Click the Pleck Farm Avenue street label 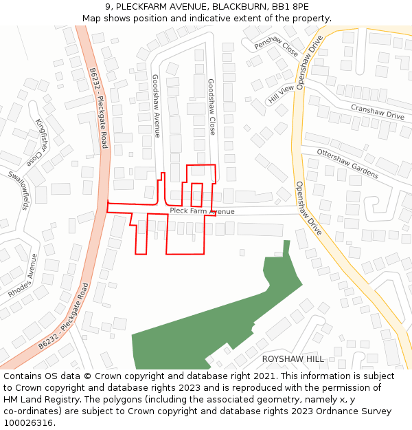[202, 211]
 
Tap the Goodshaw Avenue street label [156, 107]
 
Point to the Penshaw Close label [276, 47]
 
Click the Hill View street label [281, 94]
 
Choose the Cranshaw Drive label [377, 112]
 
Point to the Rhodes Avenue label [23, 275]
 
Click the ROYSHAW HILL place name [293, 359]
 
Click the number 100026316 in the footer [29, 423]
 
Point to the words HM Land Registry [32, 400]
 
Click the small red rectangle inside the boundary [196, 195]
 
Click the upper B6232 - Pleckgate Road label [98, 107]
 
